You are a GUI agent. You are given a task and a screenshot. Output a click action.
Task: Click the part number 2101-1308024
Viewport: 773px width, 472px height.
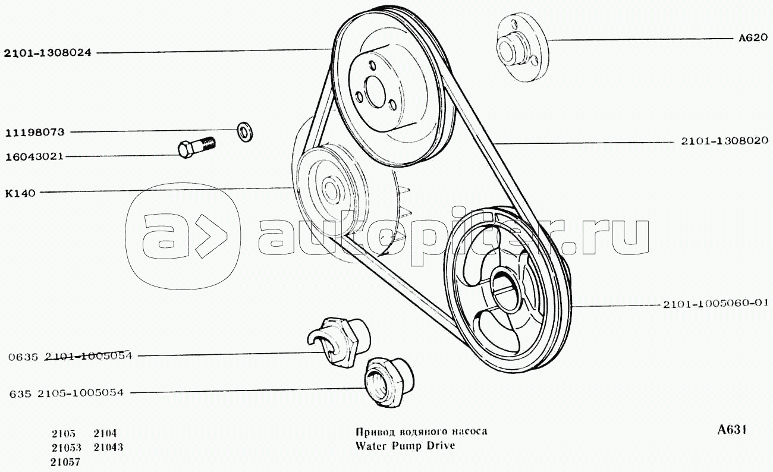pos(48,53)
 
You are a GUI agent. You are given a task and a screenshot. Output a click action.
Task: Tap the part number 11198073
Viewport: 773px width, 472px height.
pos(35,132)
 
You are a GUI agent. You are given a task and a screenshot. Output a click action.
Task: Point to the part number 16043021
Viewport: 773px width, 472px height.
pos(34,157)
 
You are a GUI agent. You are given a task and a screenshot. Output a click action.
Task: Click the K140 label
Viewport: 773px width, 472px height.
pos(20,194)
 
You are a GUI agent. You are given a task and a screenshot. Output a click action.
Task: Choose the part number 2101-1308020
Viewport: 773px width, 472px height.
pos(725,141)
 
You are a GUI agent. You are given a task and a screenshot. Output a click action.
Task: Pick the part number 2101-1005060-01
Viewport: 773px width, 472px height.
pos(716,304)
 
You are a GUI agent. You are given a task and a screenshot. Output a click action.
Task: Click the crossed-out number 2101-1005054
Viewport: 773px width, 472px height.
pos(88,355)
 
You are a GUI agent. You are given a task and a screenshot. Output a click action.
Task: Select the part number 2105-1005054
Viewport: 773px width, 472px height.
pos(80,393)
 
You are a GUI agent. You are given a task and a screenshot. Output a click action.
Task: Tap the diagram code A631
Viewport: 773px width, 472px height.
pos(733,430)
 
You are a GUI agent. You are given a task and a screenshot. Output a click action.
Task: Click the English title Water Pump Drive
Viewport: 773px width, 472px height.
pos(405,445)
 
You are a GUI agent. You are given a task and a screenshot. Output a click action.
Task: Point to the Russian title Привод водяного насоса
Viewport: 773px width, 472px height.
pos(422,432)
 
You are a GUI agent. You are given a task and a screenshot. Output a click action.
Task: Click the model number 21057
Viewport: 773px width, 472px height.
pos(65,462)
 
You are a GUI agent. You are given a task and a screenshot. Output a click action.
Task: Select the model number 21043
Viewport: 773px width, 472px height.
pos(108,447)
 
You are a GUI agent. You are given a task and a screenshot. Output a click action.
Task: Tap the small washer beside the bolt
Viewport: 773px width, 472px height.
pos(244,131)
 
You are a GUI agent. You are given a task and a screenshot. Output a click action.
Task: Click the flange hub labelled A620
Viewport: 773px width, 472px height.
pos(523,48)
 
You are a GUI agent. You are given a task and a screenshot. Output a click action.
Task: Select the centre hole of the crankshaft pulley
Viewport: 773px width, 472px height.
pos(504,289)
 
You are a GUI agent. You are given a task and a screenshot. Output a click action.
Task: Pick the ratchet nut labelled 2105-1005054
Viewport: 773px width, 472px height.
pos(389,382)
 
